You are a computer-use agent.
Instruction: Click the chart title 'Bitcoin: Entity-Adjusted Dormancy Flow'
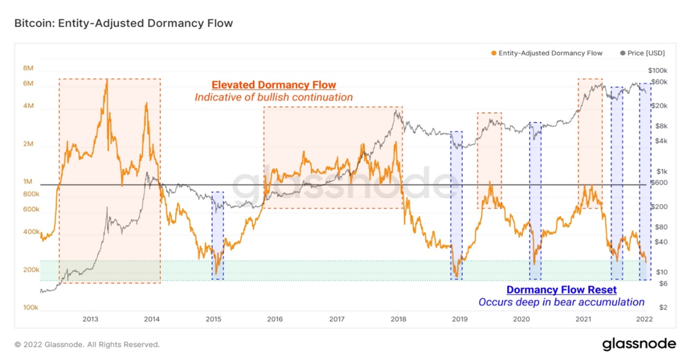point(123,23)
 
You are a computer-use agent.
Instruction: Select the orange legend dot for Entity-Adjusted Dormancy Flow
point(494,53)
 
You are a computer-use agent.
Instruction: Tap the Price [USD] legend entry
point(642,53)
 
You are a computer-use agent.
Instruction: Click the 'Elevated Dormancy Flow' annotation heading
point(273,84)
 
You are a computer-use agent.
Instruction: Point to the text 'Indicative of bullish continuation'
point(273,97)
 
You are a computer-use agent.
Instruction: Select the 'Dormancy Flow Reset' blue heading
point(562,290)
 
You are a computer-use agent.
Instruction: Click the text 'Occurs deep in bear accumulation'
point(562,303)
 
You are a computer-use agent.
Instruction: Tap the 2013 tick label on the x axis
point(90,319)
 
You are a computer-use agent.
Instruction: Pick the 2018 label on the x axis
point(398,319)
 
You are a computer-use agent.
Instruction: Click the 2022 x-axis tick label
point(645,319)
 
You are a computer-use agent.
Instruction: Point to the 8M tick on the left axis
point(28,68)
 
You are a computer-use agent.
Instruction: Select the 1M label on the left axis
point(28,181)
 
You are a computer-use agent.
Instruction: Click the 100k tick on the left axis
point(30,308)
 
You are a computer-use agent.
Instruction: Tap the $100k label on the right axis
point(658,70)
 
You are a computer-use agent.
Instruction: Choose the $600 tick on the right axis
point(660,183)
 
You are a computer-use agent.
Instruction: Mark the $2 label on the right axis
point(663,307)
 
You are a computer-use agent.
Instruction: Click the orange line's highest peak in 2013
point(106,80)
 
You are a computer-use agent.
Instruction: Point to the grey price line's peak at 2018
point(396,110)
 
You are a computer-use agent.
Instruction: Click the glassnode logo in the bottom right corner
point(639,344)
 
